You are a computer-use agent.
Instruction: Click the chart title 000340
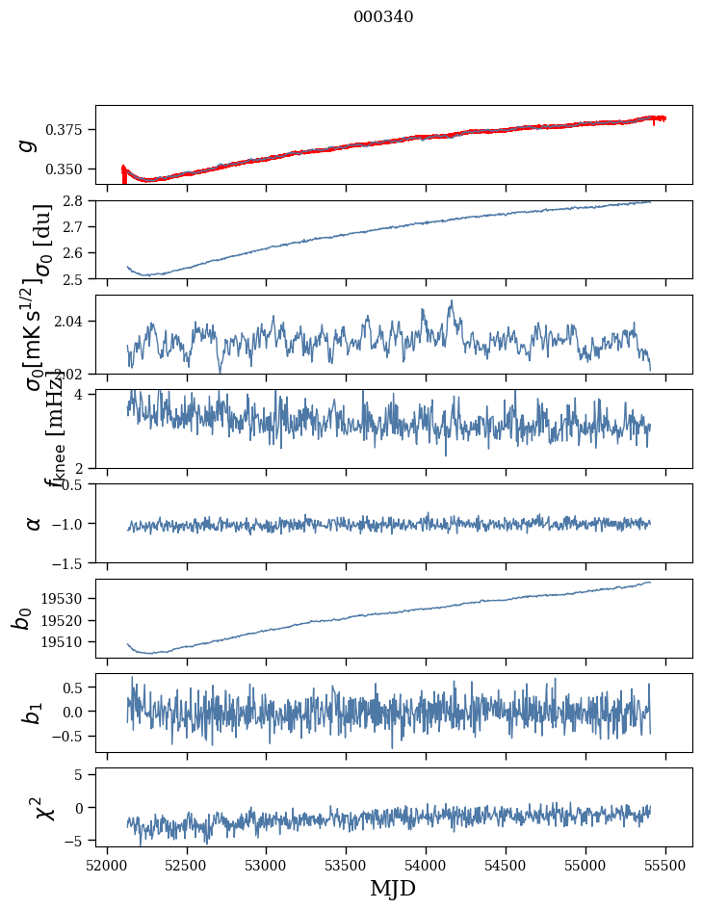tap(383, 16)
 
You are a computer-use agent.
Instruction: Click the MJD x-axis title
tap(393, 888)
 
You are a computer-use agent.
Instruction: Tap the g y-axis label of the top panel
tap(28, 144)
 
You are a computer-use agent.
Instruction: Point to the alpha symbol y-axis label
tap(34, 523)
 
